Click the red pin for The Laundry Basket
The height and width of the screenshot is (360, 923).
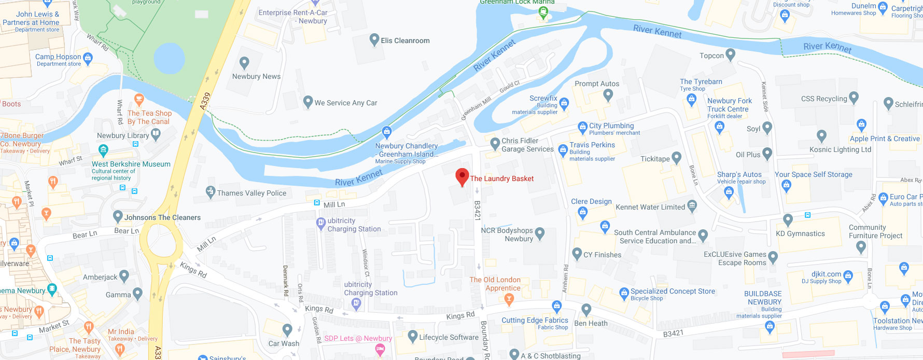[x=462, y=176]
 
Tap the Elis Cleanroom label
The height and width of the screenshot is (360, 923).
[x=405, y=40]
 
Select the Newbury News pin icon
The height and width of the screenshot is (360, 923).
[x=244, y=63]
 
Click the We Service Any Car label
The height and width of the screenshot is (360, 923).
[x=346, y=103]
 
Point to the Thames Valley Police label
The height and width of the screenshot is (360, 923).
[x=251, y=193]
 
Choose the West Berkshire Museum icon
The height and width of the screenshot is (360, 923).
[x=104, y=151]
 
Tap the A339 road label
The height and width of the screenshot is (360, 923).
[x=205, y=100]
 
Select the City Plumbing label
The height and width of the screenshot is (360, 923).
[x=611, y=126]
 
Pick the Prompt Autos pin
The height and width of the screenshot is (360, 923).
[x=608, y=95]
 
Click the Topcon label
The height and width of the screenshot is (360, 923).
[x=711, y=56]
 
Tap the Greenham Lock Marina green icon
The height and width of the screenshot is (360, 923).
[x=543, y=13]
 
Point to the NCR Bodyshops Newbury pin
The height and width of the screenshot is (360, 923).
[x=540, y=234]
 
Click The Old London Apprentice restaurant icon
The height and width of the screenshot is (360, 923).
[x=509, y=298]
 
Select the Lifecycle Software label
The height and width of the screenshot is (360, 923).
[x=449, y=337]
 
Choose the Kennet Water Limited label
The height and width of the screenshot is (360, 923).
[x=650, y=207]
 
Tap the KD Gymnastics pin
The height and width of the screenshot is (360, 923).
[x=788, y=220]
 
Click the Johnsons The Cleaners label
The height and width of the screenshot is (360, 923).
[x=162, y=217]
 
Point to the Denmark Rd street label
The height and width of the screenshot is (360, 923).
[x=285, y=281]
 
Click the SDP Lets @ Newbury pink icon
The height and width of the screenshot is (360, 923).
[x=380, y=350]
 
